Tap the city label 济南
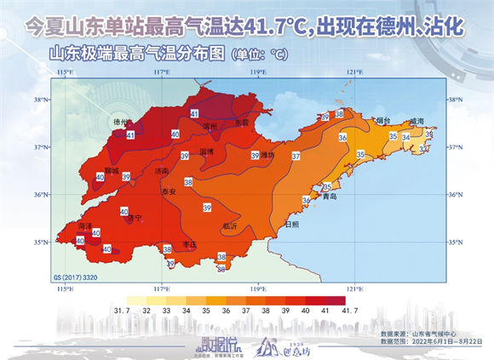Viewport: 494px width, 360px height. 162,170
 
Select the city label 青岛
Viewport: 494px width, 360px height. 332,197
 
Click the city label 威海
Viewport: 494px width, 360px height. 416,122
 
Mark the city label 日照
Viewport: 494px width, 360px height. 291,224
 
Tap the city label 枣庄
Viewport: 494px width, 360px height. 190,244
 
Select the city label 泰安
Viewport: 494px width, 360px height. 168,192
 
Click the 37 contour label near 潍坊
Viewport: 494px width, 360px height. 296,156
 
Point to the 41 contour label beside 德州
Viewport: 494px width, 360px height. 130,134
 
